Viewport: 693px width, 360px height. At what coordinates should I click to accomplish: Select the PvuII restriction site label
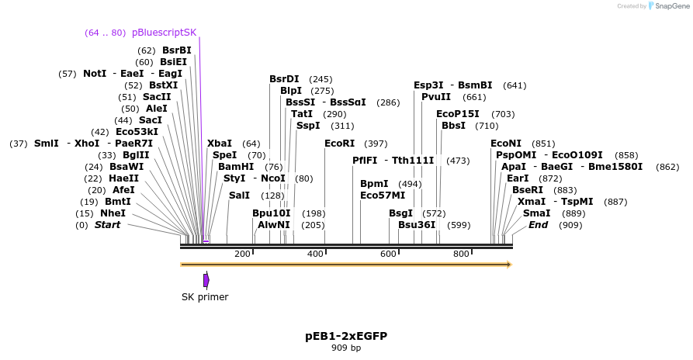(436, 97)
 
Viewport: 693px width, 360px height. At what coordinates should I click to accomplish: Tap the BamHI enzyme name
(236, 167)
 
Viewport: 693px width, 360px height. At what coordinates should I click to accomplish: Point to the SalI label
(239, 196)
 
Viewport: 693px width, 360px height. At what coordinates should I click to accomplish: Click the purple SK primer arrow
(206, 279)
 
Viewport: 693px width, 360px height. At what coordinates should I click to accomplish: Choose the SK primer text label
(205, 296)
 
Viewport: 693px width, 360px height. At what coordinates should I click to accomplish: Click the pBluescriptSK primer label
(165, 33)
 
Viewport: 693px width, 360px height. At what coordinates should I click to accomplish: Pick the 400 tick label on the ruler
(315, 254)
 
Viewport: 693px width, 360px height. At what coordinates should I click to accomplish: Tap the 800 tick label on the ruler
(461, 254)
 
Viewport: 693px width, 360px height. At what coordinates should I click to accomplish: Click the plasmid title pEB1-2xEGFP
(346, 336)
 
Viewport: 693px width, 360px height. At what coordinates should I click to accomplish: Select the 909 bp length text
(346, 348)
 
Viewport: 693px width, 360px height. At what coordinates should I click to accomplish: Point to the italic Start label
(108, 225)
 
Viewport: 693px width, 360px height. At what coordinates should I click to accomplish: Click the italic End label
(539, 225)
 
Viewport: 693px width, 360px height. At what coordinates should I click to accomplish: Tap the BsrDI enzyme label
(284, 79)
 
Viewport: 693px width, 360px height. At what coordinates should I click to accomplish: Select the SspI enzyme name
(308, 126)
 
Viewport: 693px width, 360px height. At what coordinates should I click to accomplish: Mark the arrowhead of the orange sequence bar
(509, 265)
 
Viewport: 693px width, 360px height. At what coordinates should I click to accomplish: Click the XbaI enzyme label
(220, 144)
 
